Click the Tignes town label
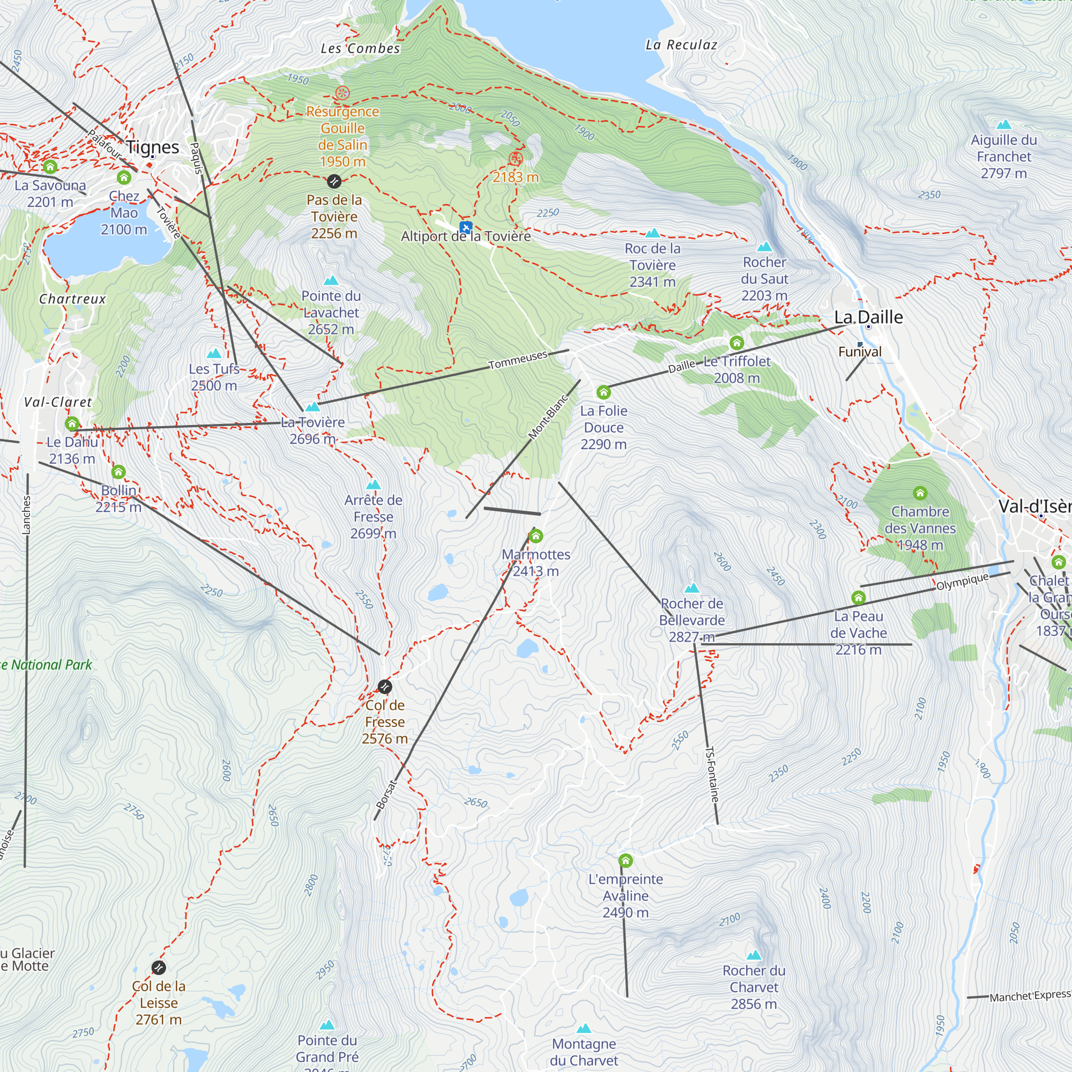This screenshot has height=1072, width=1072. [x=153, y=147]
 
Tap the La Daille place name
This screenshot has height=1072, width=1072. [x=868, y=317]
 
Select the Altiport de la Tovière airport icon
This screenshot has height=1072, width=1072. [x=466, y=227]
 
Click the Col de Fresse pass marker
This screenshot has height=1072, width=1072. [x=384, y=687]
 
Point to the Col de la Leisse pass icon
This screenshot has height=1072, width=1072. [x=159, y=967]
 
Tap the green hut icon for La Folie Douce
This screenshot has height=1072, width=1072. [x=604, y=393]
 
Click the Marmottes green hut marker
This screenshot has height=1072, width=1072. [x=535, y=536]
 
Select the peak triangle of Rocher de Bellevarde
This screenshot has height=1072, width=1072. [x=692, y=588]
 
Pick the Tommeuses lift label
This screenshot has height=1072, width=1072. [x=518, y=360]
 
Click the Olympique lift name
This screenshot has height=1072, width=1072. [x=962, y=582]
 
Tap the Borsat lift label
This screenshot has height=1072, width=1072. [x=387, y=794]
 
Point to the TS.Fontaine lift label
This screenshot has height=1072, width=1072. [x=712, y=775]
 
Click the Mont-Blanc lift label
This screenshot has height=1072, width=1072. [x=548, y=417]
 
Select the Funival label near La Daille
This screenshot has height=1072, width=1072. [x=860, y=352]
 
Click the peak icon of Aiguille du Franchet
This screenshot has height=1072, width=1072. [x=1003, y=125]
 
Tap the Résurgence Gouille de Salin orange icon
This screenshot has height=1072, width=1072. [x=343, y=93]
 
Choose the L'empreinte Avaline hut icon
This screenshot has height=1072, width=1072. [x=626, y=861]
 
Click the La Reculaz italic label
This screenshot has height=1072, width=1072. [x=681, y=45]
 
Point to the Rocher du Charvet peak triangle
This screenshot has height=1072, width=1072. [x=754, y=956]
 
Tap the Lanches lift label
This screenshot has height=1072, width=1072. [x=27, y=515]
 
